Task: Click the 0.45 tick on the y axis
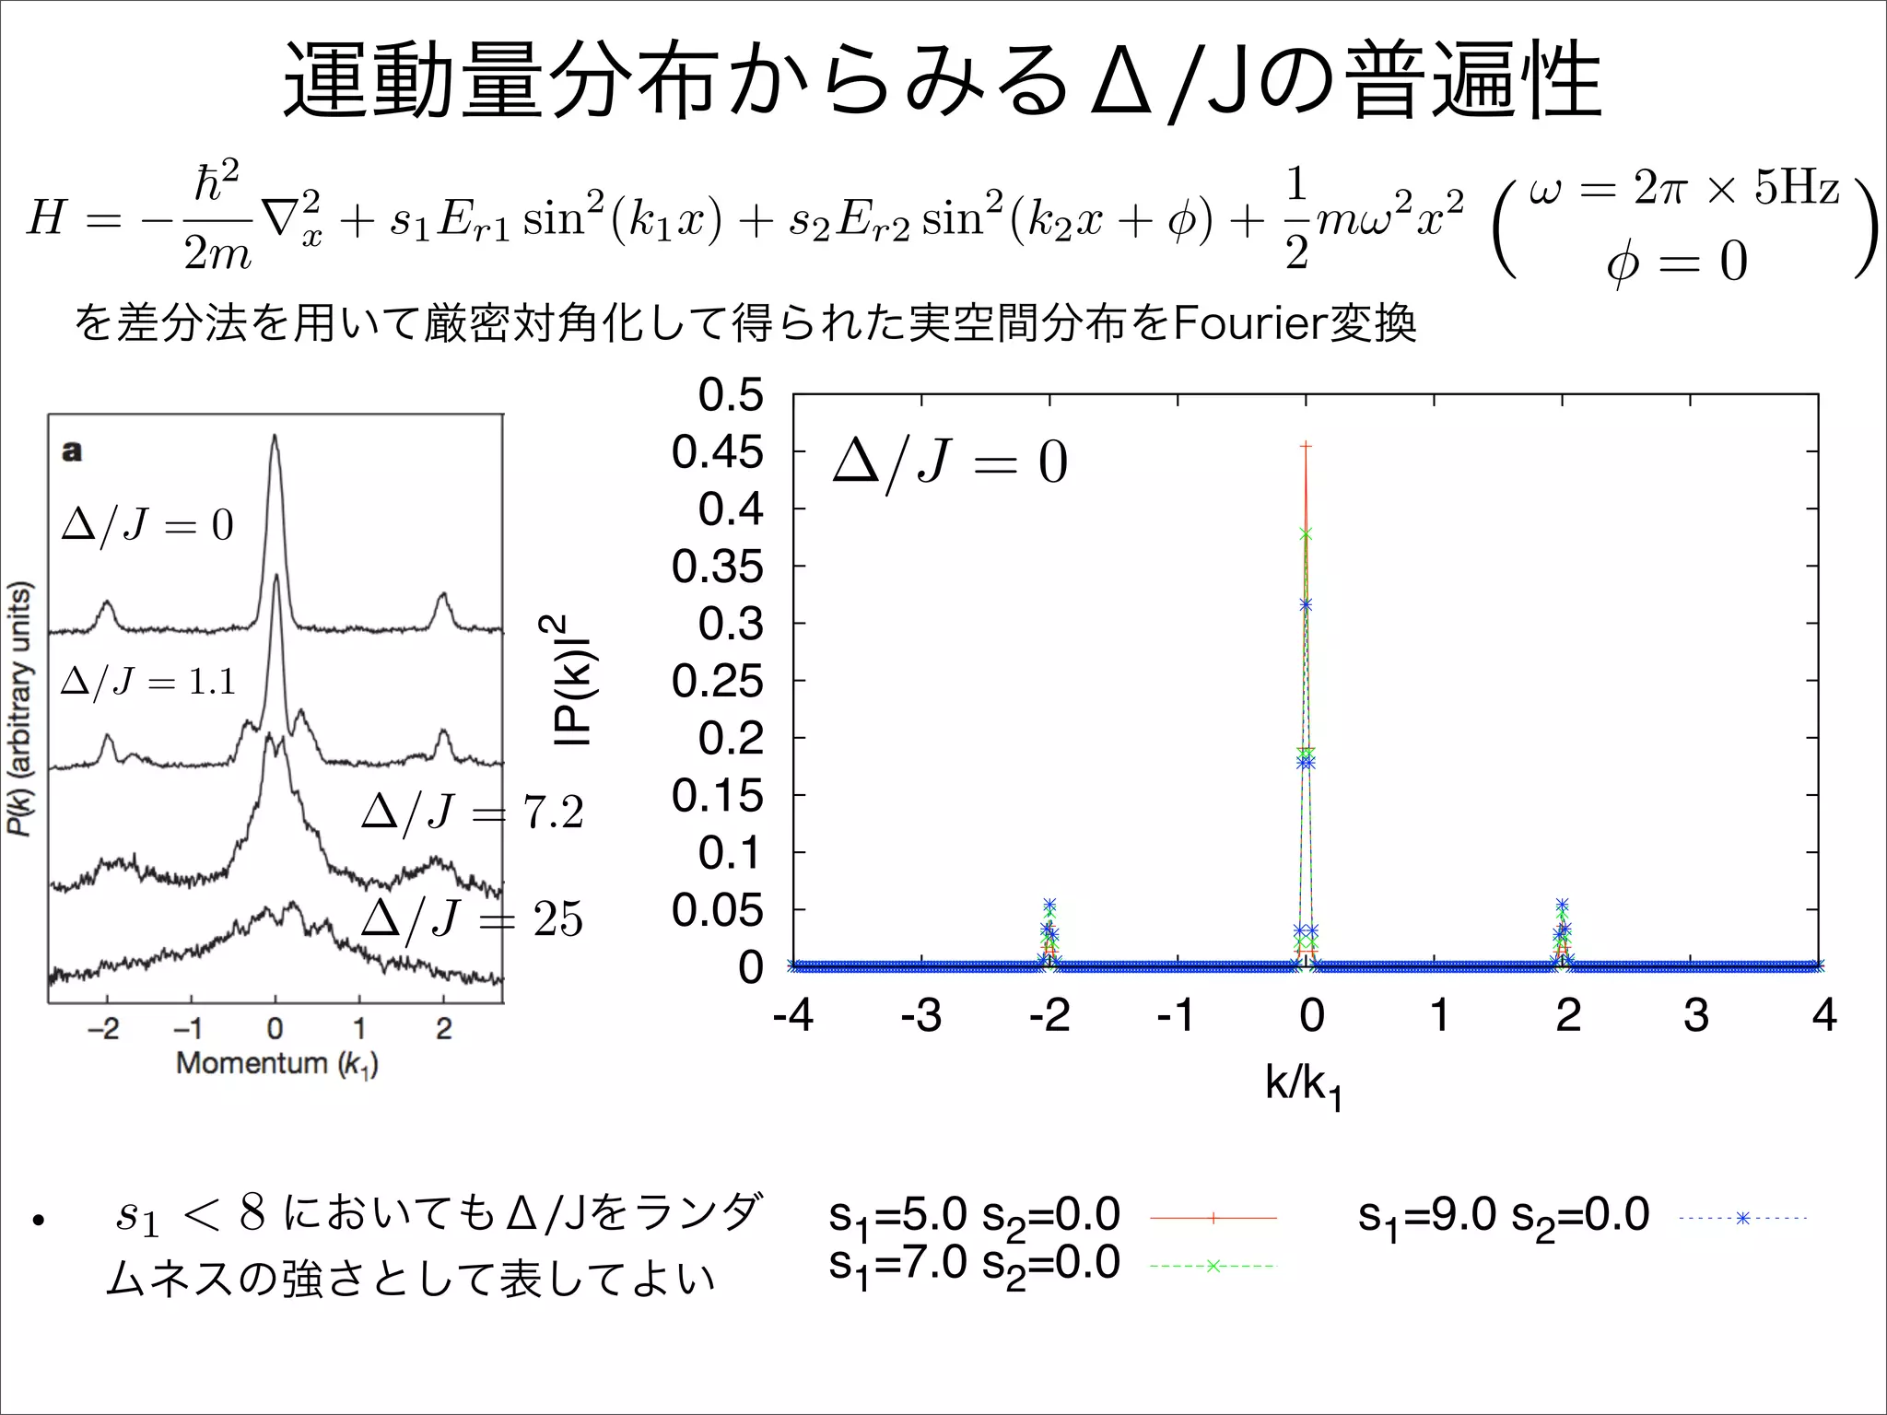pyautogui.click(x=717, y=452)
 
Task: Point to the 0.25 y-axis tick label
pyautogui.click(x=717, y=682)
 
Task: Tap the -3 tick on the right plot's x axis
pyautogui.click(x=920, y=1015)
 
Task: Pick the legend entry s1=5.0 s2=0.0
pyautogui.click(x=974, y=1216)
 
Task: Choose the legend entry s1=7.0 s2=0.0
pyautogui.click(x=974, y=1264)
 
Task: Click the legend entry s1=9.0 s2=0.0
pyautogui.click(x=1503, y=1216)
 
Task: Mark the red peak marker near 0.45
pyautogui.click(x=1306, y=447)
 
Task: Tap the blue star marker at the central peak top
pyautogui.click(x=1306, y=604)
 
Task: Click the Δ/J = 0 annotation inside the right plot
pyautogui.click(x=950, y=463)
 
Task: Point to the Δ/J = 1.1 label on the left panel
pyautogui.click(x=148, y=683)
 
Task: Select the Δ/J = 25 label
pyautogui.click(x=473, y=919)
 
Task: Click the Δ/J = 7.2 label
pyautogui.click(x=473, y=813)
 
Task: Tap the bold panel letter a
pyautogui.click(x=71, y=451)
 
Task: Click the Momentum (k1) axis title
pyautogui.click(x=276, y=1064)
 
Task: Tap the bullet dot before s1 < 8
pyautogui.click(x=38, y=1222)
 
